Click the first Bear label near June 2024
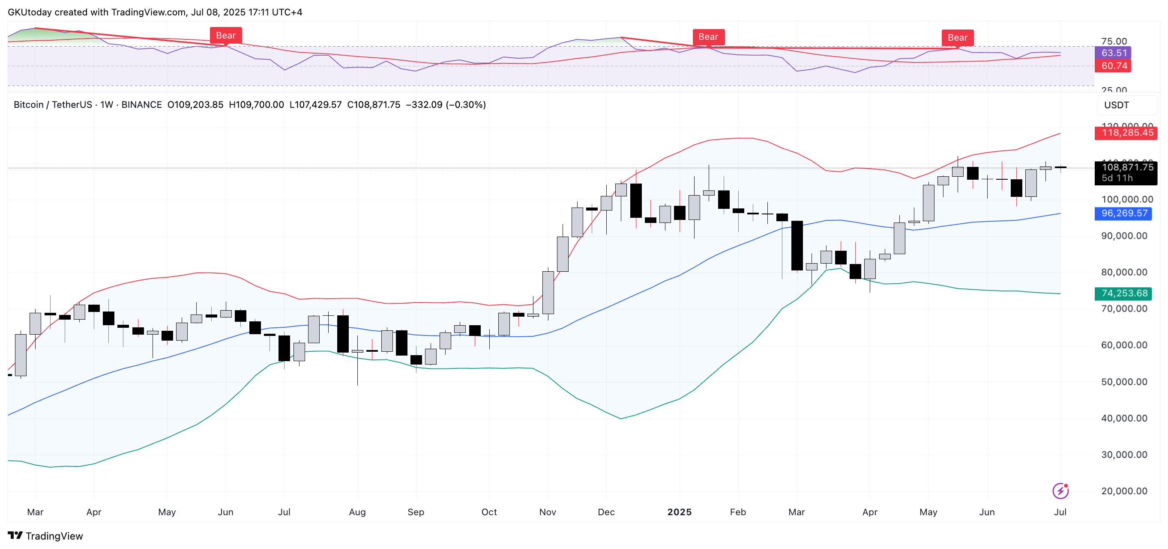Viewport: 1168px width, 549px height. [x=225, y=36]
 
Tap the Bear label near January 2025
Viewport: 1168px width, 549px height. [x=708, y=37]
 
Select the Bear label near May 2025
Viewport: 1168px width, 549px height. [x=957, y=38]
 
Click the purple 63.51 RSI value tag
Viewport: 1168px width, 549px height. [x=1114, y=53]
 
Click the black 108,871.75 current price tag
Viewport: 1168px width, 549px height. [x=1127, y=168]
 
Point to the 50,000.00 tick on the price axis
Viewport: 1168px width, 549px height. [x=1124, y=382]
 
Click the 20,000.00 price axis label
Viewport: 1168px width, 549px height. [x=1124, y=491]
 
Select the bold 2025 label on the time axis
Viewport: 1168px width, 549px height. [x=679, y=512]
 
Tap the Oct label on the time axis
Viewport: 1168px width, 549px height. [x=489, y=512]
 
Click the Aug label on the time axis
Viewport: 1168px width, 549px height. [x=357, y=512]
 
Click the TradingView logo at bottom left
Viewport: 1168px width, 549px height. [x=45, y=536]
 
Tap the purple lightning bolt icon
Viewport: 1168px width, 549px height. [x=1060, y=490]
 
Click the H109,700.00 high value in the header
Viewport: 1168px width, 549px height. [x=256, y=105]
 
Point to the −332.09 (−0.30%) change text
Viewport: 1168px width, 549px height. [x=445, y=105]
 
